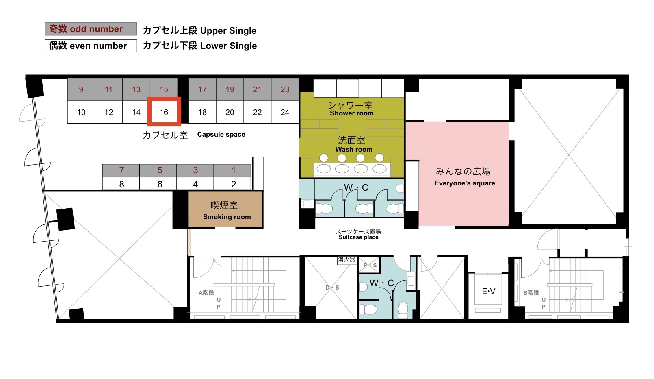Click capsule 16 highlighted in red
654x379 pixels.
(x=164, y=112)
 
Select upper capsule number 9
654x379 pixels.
(x=81, y=89)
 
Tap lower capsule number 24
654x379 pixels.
(x=285, y=112)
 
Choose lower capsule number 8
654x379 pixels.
(x=121, y=184)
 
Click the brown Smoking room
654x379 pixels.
(x=225, y=209)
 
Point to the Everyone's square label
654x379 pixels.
(x=465, y=183)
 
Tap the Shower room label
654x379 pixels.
(x=351, y=113)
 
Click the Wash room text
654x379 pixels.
(x=354, y=149)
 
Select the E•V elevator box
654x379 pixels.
(x=488, y=291)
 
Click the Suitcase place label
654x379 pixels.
(x=359, y=237)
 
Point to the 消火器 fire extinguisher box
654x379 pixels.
(x=346, y=260)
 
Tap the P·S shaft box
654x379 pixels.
(x=369, y=265)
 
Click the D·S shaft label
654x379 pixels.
(x=332, y=288)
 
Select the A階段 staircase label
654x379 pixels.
(x=206, y=293)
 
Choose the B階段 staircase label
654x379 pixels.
(x=531, y=293)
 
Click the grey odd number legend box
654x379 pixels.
(x=91, y=29)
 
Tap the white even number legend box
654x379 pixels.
(x=91, y=46)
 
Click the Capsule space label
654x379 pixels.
(x=221, y=135)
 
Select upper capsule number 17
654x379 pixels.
(x=202, y=89)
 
